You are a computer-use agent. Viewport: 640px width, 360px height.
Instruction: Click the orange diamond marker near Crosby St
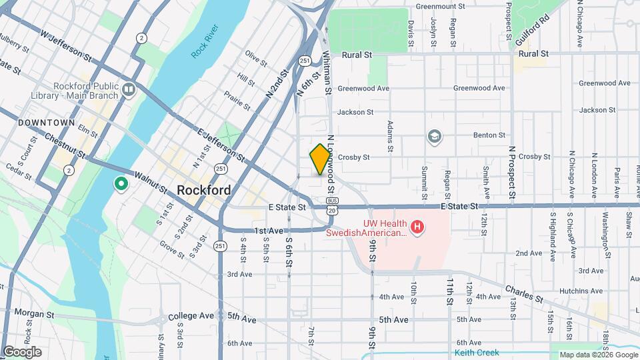(x=320, y=159)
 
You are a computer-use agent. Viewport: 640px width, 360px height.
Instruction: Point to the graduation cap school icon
(x=435, y=136)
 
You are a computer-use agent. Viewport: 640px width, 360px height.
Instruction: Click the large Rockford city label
(x=204, y=190)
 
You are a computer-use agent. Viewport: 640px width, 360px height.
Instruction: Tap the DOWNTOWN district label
(x=46, y=123)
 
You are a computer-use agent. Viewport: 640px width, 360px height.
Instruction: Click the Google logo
(x=22, y=352)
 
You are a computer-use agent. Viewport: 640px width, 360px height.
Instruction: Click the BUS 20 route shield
(x=331, y=205)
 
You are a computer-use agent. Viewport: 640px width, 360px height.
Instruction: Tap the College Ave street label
(x=191, y=316)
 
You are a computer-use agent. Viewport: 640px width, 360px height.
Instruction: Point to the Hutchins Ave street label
(x=582, y=291)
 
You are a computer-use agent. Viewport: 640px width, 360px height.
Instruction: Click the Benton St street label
(x=489, y=135)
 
